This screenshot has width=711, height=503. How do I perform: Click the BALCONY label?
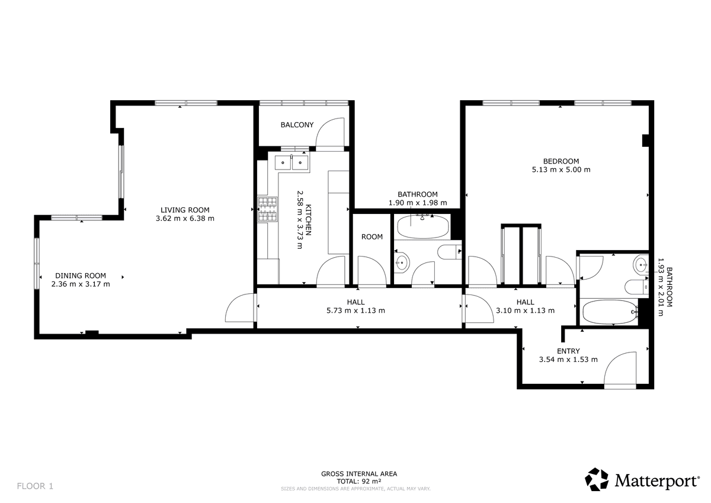point(297,125)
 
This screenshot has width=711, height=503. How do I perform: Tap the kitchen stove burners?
point(268,209)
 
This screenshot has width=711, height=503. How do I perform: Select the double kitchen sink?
point(292,162)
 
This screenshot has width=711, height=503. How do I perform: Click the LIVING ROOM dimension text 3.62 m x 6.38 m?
point(185,219)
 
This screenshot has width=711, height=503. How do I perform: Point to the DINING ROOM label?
point(81,275)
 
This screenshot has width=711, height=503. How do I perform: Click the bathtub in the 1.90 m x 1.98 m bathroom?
point(423,226)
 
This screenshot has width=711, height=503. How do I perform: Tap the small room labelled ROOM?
point(371,237)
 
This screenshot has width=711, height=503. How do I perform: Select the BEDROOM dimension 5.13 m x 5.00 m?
point(561,169)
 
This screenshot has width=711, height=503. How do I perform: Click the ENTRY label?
point(568,351)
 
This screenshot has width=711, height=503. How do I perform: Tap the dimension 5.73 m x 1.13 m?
point(356,310)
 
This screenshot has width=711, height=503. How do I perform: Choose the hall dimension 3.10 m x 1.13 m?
point(526,310)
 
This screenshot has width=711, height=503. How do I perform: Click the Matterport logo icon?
point(597,479)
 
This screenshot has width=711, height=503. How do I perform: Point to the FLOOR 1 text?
point(35,486)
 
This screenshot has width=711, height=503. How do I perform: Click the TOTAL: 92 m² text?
point(359,481)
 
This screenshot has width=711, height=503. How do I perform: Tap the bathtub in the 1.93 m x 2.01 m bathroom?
point(610,312)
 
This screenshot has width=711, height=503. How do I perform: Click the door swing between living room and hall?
point(233,302)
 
